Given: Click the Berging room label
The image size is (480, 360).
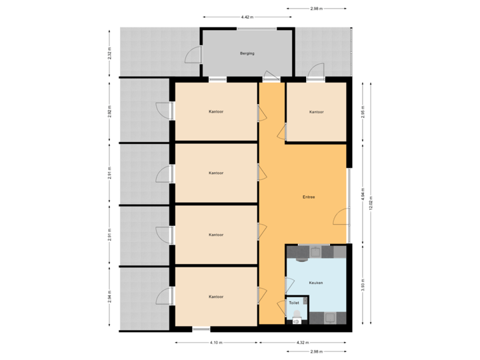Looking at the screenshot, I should pyautogui.click(x=247, y=53).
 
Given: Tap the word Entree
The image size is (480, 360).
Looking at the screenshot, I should pyautogui.click(x=309, y=197).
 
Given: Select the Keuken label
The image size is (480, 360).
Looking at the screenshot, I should pyautogui.click(x=316, y=283).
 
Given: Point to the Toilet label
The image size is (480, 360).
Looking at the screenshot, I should pyautogui.click(x=293, y=303).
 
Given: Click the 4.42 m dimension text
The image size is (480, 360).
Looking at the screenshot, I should pyautogui.click(x=246, y=17).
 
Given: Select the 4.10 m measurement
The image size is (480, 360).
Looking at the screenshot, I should pyautogui.click(x=215, y=343).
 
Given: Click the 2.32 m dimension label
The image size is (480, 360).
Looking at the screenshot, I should pyautogui.click(x=109, y=53).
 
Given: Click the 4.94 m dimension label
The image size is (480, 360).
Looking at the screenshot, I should pyautogui.click(x=363, y=193).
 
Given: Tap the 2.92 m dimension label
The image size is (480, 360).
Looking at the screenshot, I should pyautogui.click(x=109, y=111).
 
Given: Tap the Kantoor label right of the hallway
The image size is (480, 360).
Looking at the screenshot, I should pyautogui.click(x=316, y=112).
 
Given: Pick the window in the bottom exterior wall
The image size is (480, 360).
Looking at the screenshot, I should pyautogui.click(x=201, y=329).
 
